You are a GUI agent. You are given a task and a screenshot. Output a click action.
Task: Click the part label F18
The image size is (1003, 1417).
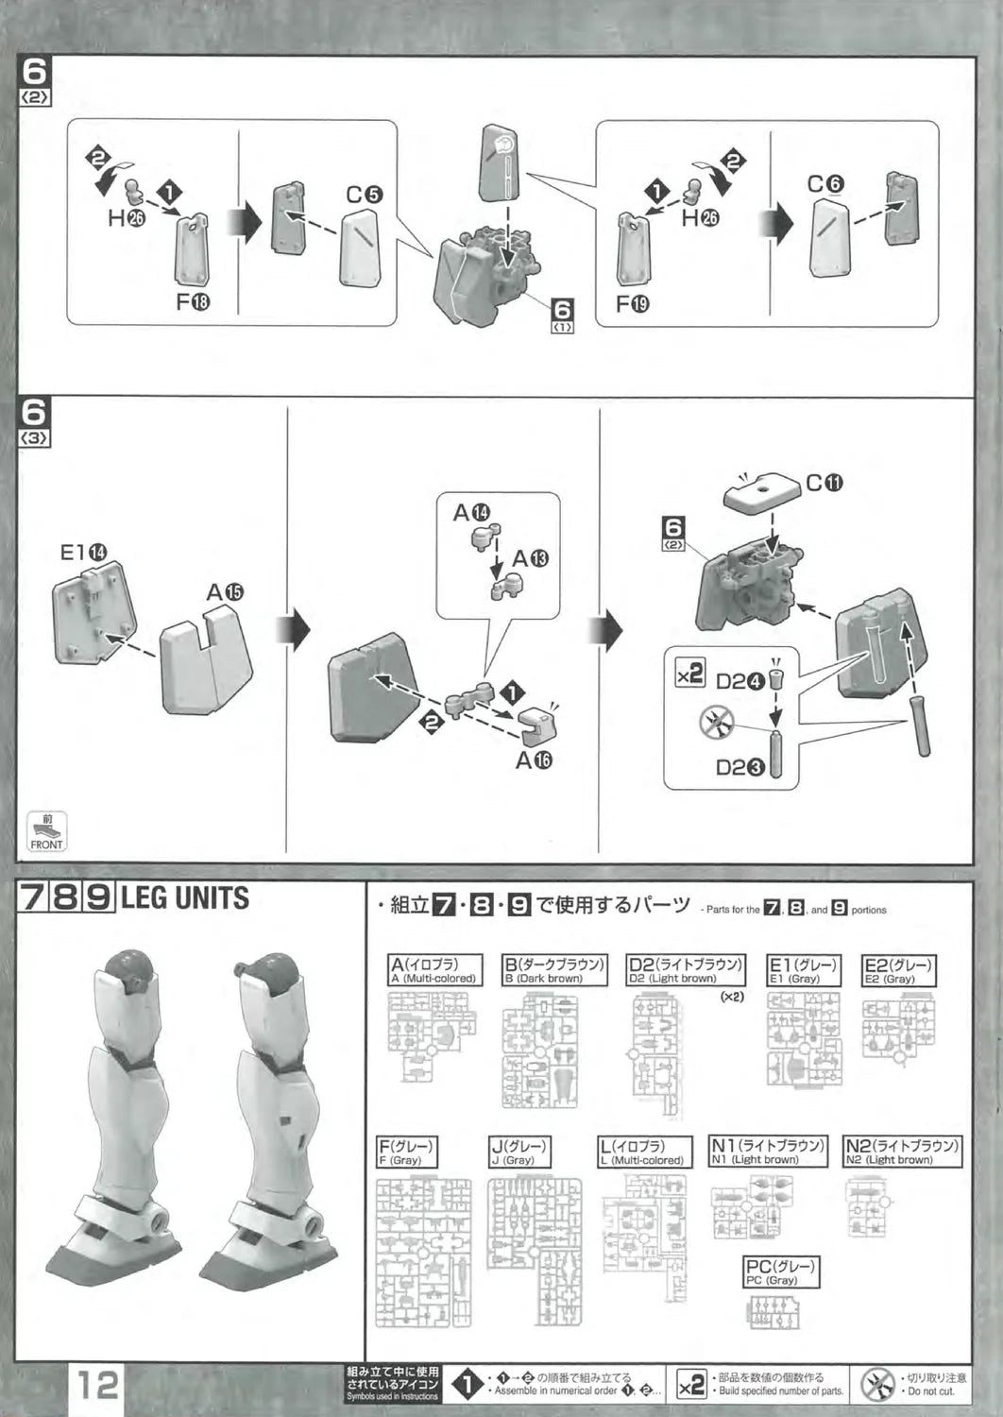click(187, 302)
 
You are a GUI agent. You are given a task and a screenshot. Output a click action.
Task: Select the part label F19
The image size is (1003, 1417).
click(632, 304)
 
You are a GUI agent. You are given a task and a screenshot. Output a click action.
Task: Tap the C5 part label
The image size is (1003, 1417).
click(364, 195)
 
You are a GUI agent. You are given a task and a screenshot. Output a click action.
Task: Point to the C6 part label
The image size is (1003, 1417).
click(825, 184)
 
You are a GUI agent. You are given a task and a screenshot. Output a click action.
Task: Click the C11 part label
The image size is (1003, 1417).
click(824, 483)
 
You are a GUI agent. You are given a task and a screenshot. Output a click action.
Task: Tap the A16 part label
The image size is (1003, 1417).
click(534, 760)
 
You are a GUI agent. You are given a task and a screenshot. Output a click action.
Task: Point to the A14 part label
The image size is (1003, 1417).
click(471, 513)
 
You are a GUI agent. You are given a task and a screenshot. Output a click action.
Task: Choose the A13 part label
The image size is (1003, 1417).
click(530, 558)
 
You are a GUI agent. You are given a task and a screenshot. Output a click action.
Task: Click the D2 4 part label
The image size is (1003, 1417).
click(739, 680)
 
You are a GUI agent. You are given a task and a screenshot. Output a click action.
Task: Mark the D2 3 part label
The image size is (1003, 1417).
click(739, 767)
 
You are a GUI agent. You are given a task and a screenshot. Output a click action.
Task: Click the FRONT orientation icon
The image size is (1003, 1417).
click(46, 831)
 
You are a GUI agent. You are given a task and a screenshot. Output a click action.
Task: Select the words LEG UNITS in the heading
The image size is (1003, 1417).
click(185, 897)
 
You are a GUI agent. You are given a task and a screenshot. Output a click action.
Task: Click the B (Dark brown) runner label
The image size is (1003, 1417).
click(552, 970)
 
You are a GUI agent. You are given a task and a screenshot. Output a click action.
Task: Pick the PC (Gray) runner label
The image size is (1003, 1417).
click(780, 1272)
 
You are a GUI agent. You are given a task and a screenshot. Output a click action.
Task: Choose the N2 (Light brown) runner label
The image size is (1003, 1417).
click(902, 1151)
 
